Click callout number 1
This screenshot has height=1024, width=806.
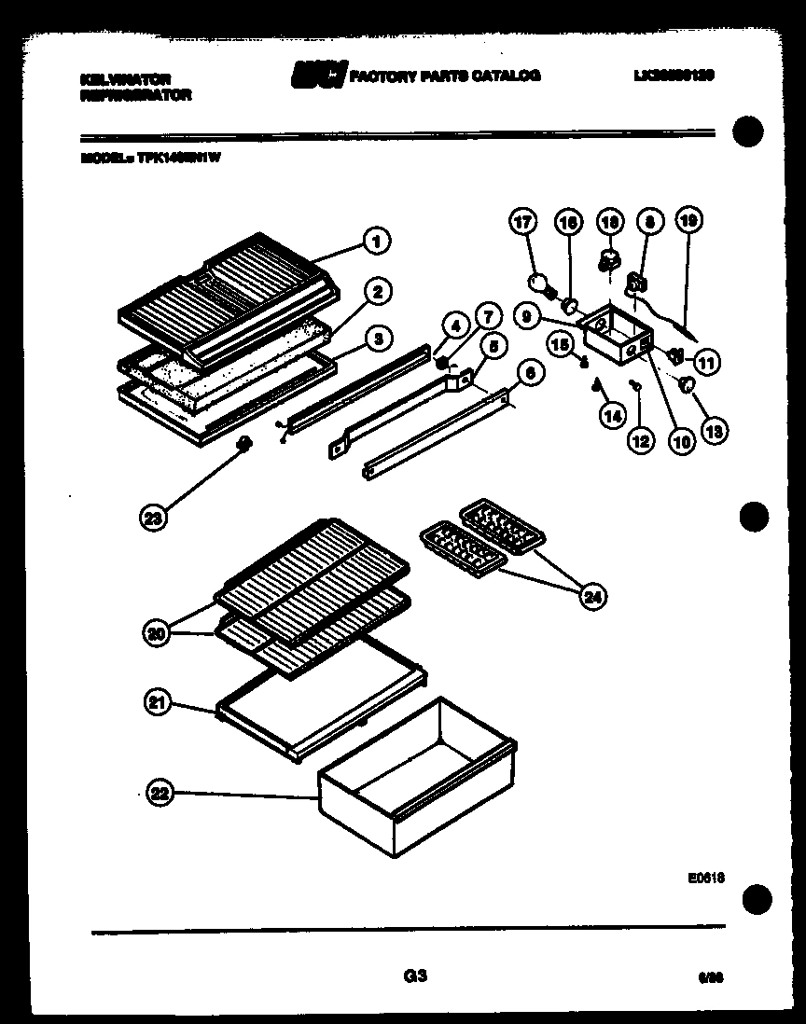(375, 241)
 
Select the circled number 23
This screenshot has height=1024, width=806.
(155, 518)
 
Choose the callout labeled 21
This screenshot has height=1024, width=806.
(160, 704)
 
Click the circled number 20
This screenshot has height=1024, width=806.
(160, 633)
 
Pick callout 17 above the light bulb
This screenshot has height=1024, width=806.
(523, 222)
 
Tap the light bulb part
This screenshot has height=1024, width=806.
(539, 284)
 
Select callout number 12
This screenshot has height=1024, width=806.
(640, 442)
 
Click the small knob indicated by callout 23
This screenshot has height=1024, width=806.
(245, 444)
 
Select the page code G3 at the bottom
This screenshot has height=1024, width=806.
(415, 976)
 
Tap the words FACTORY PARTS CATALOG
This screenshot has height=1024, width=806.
(444, 76)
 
